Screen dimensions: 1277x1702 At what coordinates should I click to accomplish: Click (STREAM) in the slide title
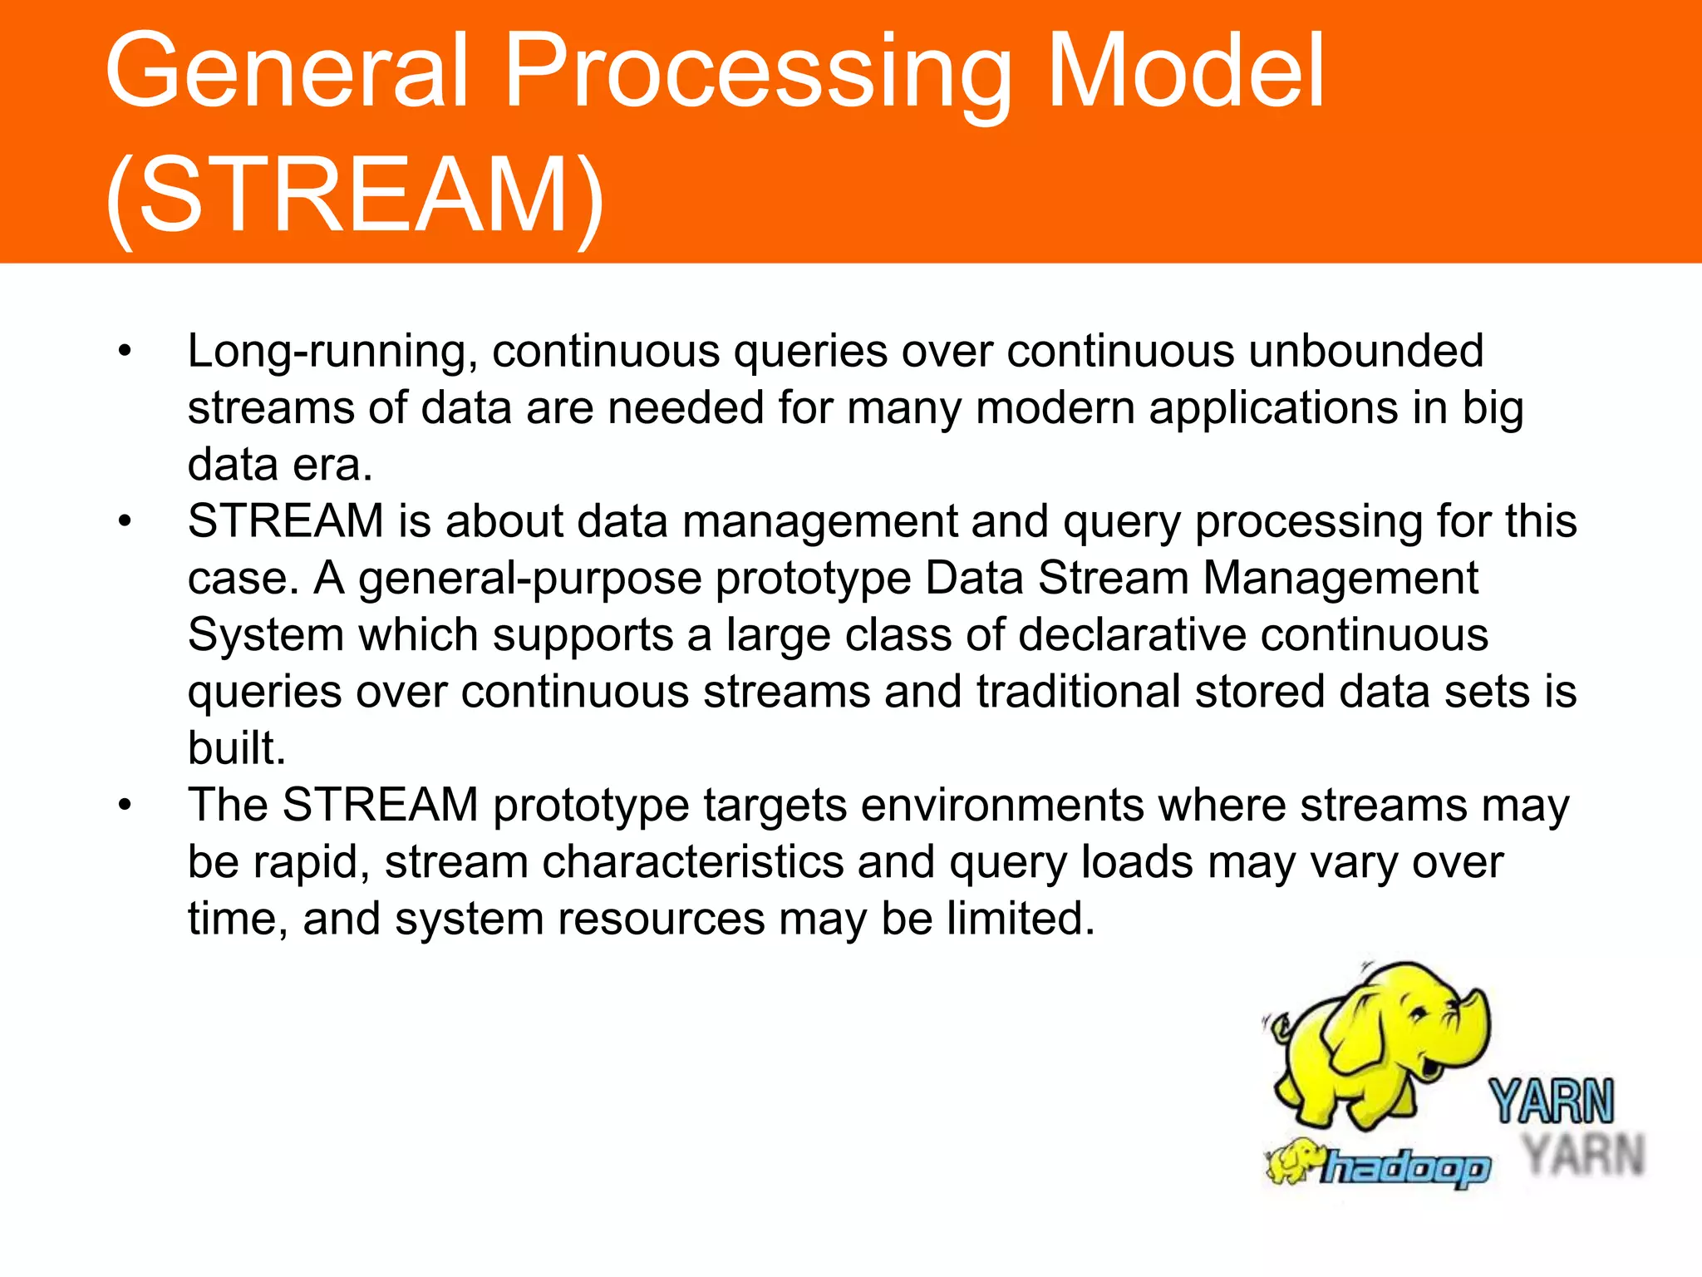coord(355,196)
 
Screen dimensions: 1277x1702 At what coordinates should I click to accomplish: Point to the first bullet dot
coord(125,352)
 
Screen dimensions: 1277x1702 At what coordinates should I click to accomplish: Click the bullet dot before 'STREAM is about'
coord(125,522)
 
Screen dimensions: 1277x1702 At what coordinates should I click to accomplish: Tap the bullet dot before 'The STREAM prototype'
coord(125,806)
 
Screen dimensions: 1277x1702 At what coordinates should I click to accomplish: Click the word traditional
coord(1078,692)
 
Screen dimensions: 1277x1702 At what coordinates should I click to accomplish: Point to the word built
coord(235,748)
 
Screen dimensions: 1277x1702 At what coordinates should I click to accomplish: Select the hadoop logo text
coord(1404,1168)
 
